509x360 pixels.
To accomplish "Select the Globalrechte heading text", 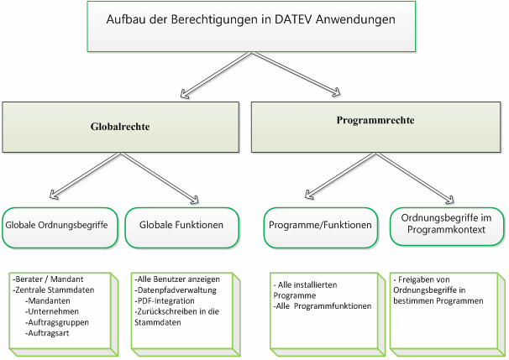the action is click(x=120, y=127).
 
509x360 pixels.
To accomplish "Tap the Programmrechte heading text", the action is click(x=375, y=120).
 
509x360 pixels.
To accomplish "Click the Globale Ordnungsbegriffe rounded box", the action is click(x=60, y=228).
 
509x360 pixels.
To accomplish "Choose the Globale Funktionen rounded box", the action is click(x=181, y=228).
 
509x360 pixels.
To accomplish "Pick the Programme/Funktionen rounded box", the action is click(x=321, y=228).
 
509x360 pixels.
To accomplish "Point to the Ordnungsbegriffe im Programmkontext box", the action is click(x=447, y=227).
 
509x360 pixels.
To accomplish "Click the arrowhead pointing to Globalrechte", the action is click(x=185, y=94).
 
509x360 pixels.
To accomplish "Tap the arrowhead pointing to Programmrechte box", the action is click(x=336, y=93).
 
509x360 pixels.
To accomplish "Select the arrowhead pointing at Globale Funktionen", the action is click(x=194, y=200).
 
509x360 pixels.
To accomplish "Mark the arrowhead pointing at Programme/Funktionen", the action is click(x=309, y=195).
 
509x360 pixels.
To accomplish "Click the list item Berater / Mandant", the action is click(x=48, y=279).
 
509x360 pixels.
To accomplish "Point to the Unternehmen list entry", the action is click(x=52, y=311).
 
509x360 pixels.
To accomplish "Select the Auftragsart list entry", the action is click(x=47, y=333).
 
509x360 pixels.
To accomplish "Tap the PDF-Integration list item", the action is click(x=165, y=301).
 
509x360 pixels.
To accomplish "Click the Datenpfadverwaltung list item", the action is click(x=176, y=290).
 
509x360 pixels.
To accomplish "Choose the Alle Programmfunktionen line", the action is click(x=323, y=306).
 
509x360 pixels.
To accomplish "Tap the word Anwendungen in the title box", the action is click(x=355, y=19).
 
